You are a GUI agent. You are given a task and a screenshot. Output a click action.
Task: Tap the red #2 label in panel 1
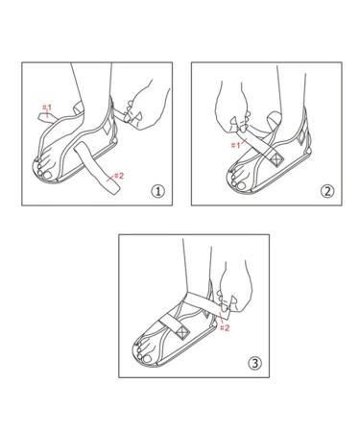[x=119, y=175]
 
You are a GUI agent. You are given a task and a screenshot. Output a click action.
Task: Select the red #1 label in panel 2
[x=235, y=145]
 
